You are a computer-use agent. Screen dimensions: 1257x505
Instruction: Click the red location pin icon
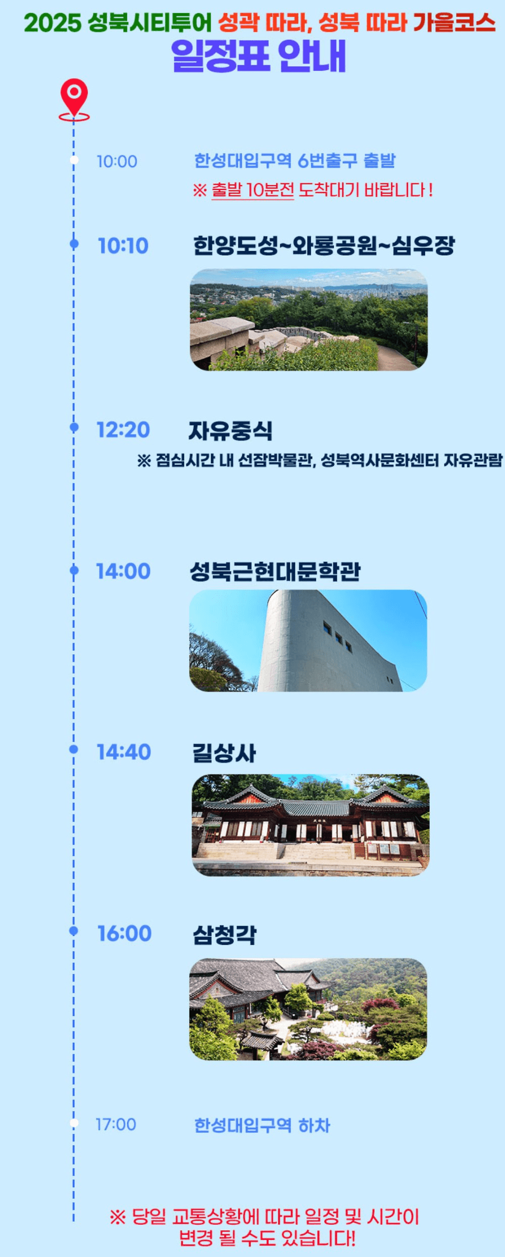pyautogui.click(x=74, y=98)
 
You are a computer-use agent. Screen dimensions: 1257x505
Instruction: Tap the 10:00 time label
pyautogui.click(x=117, y=162)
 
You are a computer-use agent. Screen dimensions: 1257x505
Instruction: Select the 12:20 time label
pyautogui.click(x=123, y=430)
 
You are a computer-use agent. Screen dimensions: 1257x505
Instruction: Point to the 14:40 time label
pyautogui.click(x=124, y=752)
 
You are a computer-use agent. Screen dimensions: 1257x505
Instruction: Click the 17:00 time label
pyautogui.click(x=116, y=1124)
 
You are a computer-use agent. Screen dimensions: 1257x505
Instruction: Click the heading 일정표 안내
pyautogui.click(x=259, y=56)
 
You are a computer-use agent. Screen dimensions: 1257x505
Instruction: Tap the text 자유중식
pyautogui.click(x=230, y=431)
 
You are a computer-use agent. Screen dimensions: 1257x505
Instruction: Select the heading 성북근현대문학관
pyautogui.click(x=275, y=571)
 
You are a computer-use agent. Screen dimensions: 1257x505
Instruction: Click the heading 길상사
pyautogui.click(x=224, y=753)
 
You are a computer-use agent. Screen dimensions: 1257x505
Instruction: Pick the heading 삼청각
pyautogui.click(x=225, y=935)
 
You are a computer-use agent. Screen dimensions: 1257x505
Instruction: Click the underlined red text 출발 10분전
pyautogui.click(x=252, y=190)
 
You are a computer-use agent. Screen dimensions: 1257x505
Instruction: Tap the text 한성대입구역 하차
pyautogui.click(x=262, y=1125)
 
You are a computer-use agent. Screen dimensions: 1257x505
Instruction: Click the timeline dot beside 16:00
pyautogui.click(x=74, y=931)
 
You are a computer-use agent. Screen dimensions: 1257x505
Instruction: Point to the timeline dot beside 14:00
pyautogui.click(x=74, y=570)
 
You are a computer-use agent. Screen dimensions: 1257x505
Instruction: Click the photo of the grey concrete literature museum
pyautogui.click(x=308, y=641)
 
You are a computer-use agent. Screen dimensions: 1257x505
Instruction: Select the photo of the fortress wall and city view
pyautogui.click(x=309, y=319)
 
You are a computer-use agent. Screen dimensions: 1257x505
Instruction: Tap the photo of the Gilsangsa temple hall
pyautogui.click(x=310, y=825)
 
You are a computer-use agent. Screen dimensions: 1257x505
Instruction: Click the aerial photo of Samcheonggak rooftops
pyautogui.click(x=308, y=1008)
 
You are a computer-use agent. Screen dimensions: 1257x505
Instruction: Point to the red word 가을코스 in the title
pyautogui.click(x=454, y=23)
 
